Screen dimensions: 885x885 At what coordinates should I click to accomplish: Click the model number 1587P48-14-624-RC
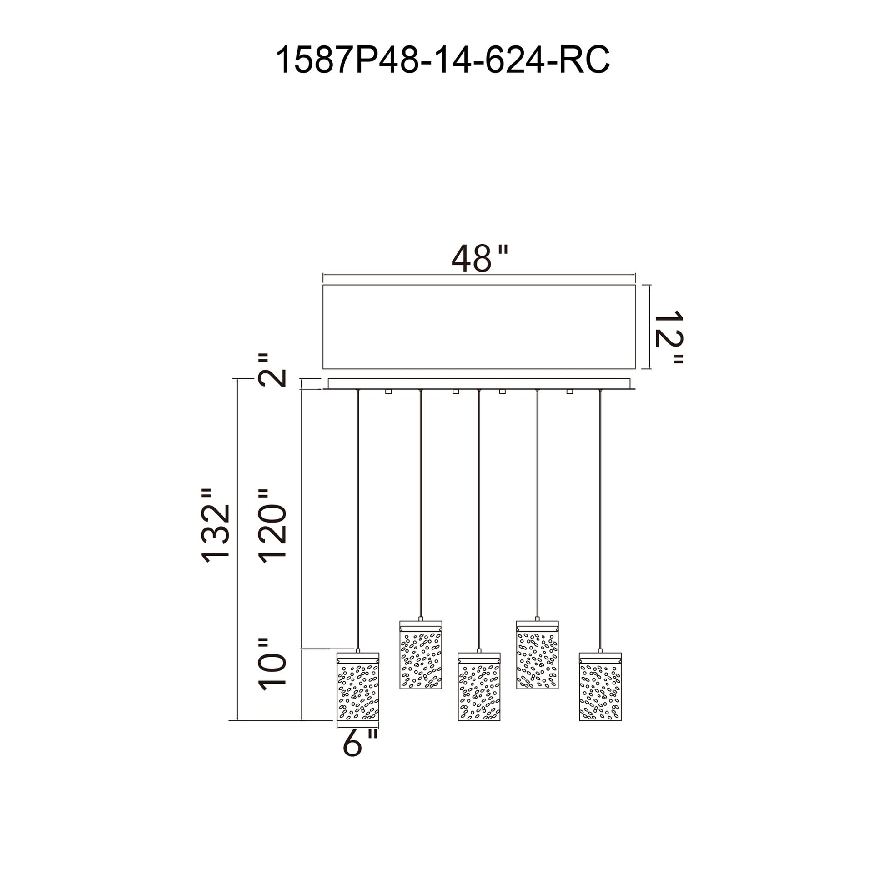(x=442, y=60)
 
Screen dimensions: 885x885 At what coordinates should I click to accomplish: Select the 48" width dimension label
(x=480, y=258)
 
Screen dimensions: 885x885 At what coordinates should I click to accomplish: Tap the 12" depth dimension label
(x=669, y=337)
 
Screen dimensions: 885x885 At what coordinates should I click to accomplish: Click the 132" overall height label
(x=215, y=525)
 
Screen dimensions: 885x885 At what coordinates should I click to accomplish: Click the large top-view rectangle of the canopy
(x=479, y=327)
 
